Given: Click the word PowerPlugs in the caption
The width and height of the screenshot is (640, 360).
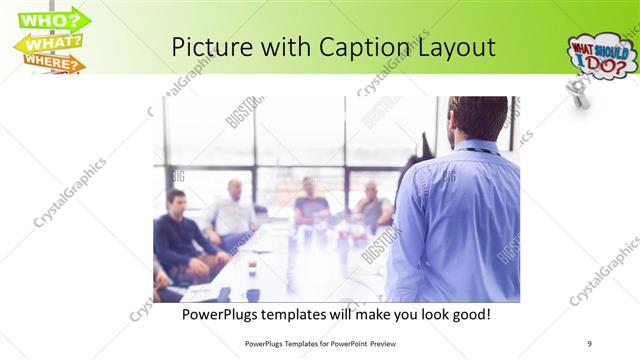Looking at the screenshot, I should [225, 315].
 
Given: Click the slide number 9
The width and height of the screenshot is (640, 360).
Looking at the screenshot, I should [589, 342].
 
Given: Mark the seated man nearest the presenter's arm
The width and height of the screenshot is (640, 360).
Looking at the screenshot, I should [372, 207].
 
